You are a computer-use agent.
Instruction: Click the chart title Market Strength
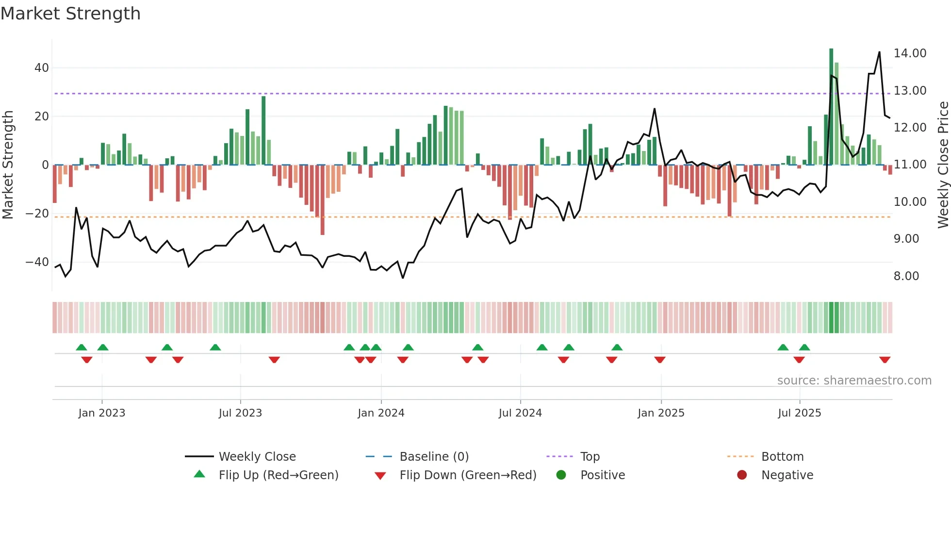70,14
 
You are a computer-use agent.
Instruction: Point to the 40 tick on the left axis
42,68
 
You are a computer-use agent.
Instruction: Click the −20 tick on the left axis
37,214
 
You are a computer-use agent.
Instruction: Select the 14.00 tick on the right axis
910,53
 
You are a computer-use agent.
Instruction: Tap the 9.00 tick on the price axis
906,239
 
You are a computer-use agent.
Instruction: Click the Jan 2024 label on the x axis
381,413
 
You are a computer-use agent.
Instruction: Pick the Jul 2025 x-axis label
799,413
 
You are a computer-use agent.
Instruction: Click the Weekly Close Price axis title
943,165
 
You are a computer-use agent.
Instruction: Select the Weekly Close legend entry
257,457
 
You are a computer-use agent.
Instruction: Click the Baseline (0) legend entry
434,457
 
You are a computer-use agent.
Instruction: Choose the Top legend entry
590,457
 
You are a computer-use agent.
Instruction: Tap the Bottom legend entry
782,457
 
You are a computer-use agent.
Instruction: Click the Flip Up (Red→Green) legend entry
278,475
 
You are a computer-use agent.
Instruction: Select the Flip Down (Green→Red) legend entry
468,475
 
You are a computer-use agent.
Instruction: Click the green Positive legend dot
561,475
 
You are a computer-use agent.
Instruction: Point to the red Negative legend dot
742,475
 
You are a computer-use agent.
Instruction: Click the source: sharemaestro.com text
854,381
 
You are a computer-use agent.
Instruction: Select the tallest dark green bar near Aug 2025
831,107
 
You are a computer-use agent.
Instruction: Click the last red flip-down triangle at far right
885,360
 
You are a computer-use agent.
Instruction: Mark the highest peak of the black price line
879,52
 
